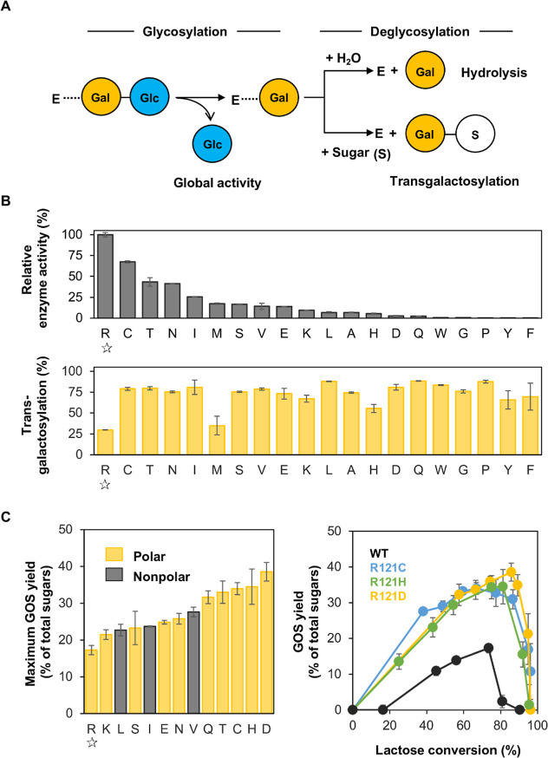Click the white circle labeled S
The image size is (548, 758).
coord(475,134)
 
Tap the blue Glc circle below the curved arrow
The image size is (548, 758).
coord(212,144)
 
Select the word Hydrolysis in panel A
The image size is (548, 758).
coord(494,73)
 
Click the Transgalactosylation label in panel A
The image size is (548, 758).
coord(454,181)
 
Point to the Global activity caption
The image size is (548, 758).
coord(218,183)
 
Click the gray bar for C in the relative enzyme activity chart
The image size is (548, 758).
coord(127,290)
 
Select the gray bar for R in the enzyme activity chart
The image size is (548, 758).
coord(105,276)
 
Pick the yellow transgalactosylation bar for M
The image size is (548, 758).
coord(217,440)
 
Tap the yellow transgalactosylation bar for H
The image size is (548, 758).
coord(374,431)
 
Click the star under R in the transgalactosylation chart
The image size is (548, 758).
coord(105,485)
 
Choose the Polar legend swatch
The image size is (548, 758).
coord(114,554)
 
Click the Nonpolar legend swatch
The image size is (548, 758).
coord(114,575)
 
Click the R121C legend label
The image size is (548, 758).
coord(388,567)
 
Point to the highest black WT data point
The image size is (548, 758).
coord(488,648)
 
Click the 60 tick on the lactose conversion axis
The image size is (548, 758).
coord(463,726)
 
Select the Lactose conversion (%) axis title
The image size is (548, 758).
coord(448,750)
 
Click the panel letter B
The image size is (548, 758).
coord(6,200)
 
